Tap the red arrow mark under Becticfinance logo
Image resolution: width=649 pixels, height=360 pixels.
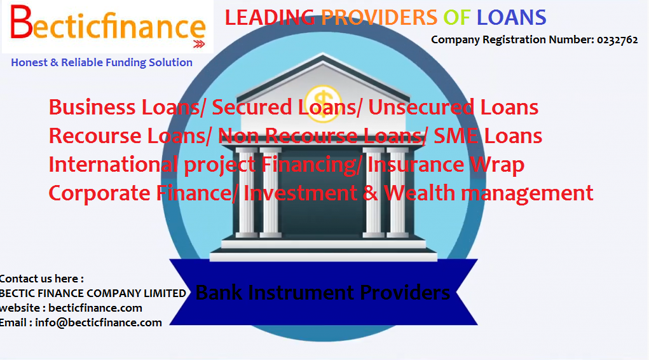(x=198, y=44)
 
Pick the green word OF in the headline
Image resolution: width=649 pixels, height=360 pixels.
(x=456, y=18)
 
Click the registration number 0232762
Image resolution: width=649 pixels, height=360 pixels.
(x=617, y=39)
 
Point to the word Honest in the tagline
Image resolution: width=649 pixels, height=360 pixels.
(x=29, y=62)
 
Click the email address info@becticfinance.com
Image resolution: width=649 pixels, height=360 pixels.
(x=99, y=322)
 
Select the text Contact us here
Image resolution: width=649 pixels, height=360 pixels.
(x=41, y=279)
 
